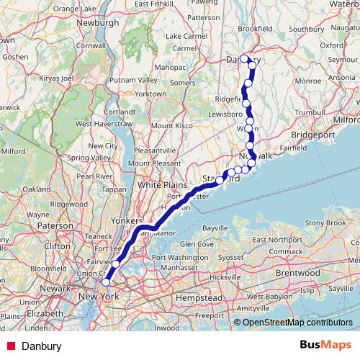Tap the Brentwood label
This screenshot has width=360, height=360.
tap(297, 274)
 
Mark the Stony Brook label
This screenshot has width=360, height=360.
tap(326, 222)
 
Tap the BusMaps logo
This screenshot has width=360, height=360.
tap(330, 345)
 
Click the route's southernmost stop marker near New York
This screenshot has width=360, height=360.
tap(106, 281)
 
